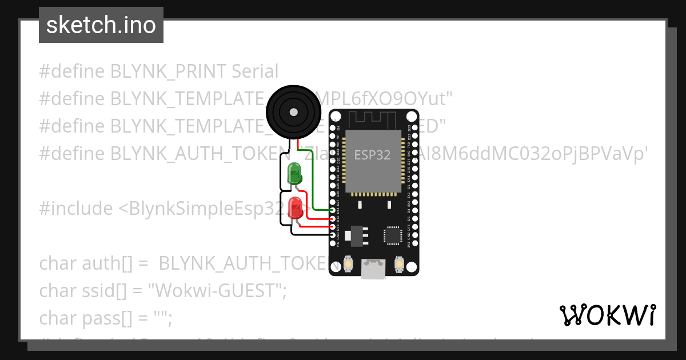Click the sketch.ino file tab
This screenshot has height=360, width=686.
(101, 25)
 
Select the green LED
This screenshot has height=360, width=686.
(295, 173)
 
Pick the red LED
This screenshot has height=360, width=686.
(296, 207)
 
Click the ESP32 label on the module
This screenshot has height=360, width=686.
(372, 155)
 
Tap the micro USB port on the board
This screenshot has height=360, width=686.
(373, 269)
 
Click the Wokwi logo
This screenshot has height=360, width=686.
(607, 315)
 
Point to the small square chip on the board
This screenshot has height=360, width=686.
(393, 234)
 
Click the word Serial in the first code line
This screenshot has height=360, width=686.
(255, 71)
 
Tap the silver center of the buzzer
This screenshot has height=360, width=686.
(294, 111)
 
